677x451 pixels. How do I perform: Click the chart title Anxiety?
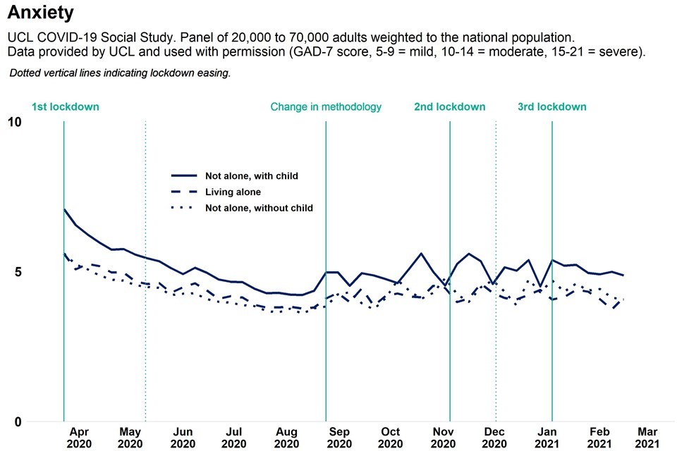click(x=40, y=12)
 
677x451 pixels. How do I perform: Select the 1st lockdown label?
click(x=65, y=107)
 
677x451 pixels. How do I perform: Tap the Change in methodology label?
click(x=326, y=107)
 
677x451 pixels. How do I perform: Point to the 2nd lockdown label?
click(x=449, y=107)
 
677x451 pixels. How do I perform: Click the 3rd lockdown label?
click(x=551, y=107)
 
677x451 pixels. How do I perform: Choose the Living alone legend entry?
click(x=233, y=192)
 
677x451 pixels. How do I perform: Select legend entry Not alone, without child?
click(x=259, y=208)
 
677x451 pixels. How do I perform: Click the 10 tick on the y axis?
click(x=14, y=123)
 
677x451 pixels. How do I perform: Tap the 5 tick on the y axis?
click(x=18, y=272)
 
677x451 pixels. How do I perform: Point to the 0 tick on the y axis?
click(x=18, y=422)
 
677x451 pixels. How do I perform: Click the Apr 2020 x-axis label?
click(x=79, y=438)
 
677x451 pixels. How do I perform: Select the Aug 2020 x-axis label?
click(x=286, y=438)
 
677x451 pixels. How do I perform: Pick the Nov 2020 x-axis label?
click(x=443, y=438)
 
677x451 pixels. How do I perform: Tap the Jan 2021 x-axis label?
click(x=547, y=438)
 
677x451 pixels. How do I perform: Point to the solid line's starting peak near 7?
click(x=64, y=209)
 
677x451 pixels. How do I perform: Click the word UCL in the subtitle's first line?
click(x=19, y=36)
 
